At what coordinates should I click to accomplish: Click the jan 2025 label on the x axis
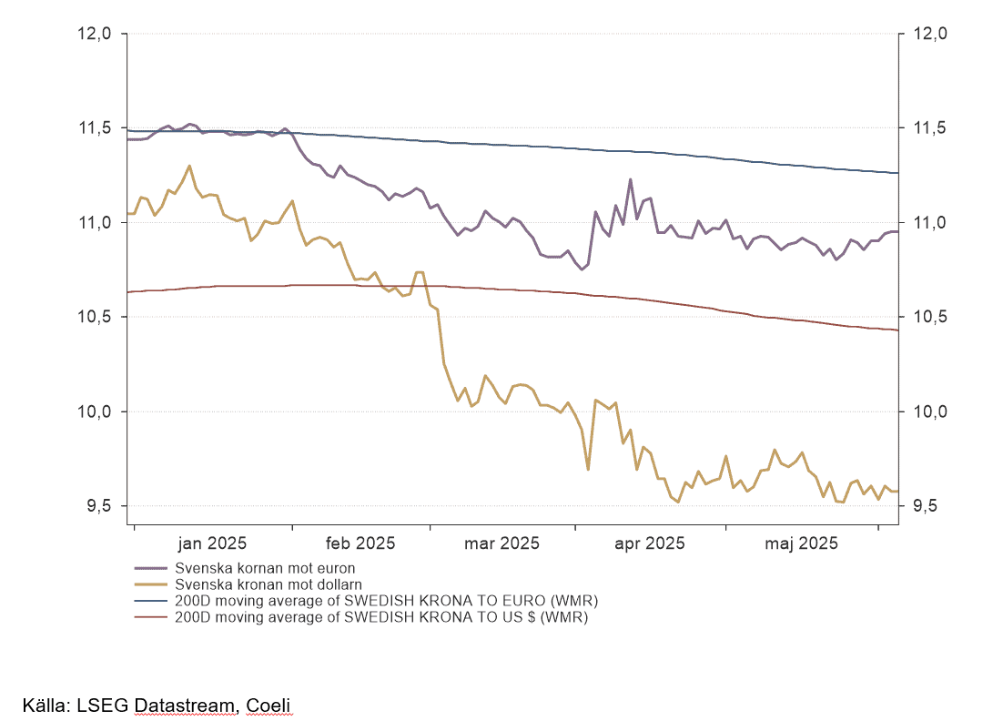(x=212, y=543)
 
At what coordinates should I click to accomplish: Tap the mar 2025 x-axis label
(x=501, y=543)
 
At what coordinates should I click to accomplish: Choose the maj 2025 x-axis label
(x=801, y=543)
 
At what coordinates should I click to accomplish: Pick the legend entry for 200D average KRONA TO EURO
(x=386, y=602)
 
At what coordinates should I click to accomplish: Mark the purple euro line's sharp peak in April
(x=630, y=179)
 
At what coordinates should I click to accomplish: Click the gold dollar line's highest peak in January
(x=189, y=166)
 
